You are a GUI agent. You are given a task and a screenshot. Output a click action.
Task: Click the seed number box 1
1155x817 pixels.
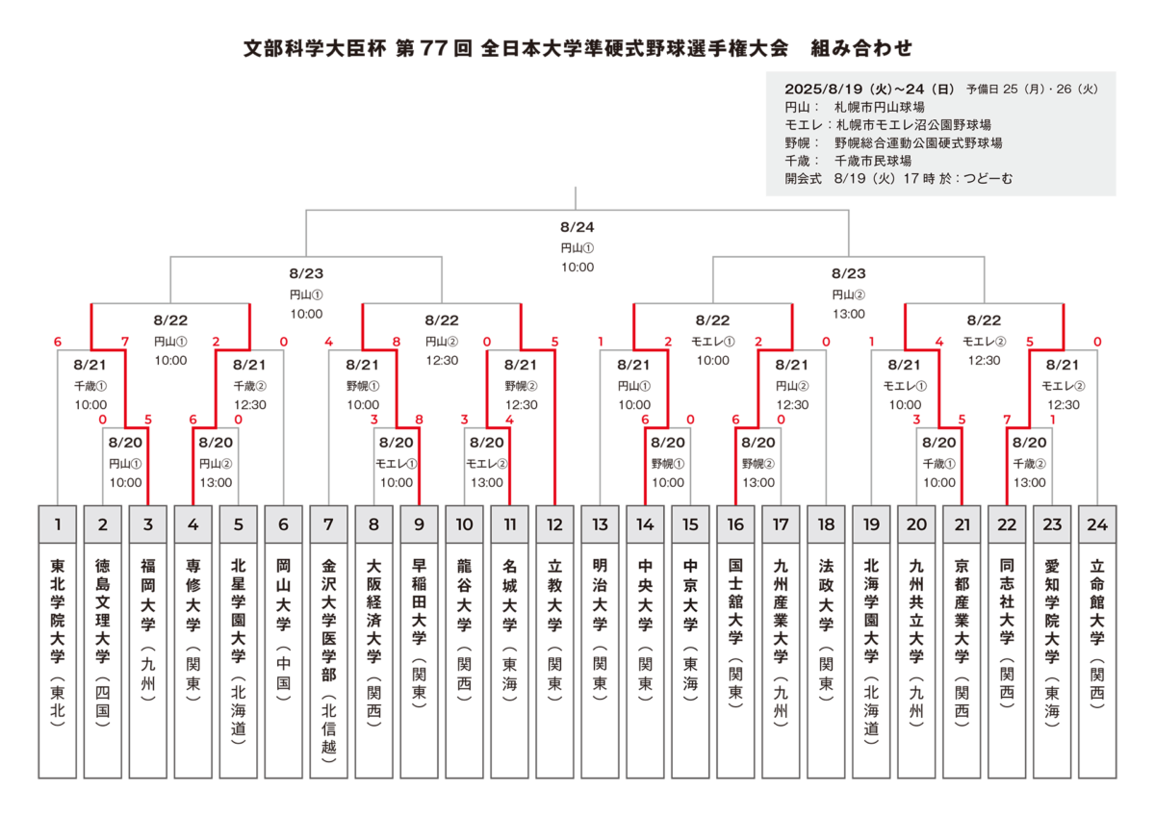pos(57,524)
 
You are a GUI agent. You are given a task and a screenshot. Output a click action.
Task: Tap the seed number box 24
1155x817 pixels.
pos(1096,524)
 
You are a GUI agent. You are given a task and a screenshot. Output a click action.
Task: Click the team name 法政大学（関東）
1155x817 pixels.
pos(826,630)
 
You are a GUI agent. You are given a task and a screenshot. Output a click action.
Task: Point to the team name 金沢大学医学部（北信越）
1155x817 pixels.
pos(328,661)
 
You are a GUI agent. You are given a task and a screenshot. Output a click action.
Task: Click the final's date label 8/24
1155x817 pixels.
pos(577,227)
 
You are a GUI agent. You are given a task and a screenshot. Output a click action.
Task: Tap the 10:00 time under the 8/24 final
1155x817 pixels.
pos(577,267)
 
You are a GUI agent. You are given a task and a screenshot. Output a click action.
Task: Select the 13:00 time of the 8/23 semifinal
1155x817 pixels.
pos(849,314)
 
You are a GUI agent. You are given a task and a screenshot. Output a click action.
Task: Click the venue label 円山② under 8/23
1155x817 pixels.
pos(849,294)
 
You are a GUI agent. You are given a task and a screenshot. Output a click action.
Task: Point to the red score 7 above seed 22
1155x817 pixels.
pos(1007,419)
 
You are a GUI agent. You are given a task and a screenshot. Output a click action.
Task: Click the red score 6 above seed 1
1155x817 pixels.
pos(57,342)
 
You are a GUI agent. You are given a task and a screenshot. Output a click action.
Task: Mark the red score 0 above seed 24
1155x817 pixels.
pos(1097,342)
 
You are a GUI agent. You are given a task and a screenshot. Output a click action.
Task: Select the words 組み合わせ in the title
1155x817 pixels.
pos(861,48)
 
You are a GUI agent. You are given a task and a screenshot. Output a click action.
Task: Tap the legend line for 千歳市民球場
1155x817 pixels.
pos(848,161)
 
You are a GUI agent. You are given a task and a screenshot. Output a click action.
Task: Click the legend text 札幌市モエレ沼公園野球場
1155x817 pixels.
pos(887,125)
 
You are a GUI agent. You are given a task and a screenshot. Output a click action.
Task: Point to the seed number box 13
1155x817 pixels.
pos(600,524)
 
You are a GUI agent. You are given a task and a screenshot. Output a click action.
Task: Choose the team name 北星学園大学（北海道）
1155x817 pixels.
pos(239,651)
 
